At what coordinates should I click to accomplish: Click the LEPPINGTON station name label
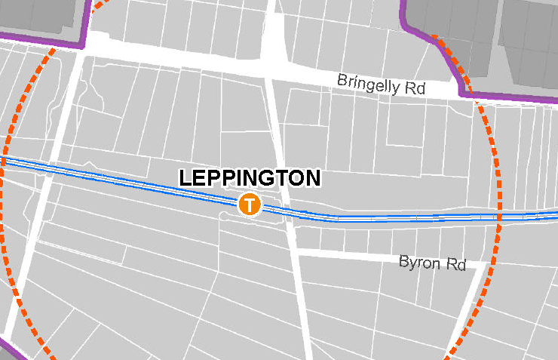point(250,179)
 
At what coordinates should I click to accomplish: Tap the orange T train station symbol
point(249,204)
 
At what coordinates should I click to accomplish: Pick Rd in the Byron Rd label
point(457,264)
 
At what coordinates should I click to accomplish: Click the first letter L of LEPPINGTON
point(185,179)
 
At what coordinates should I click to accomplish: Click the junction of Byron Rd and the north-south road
point(296,251)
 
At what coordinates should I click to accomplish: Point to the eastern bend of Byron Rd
point(480,266)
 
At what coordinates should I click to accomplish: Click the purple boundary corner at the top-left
point(83,47)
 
